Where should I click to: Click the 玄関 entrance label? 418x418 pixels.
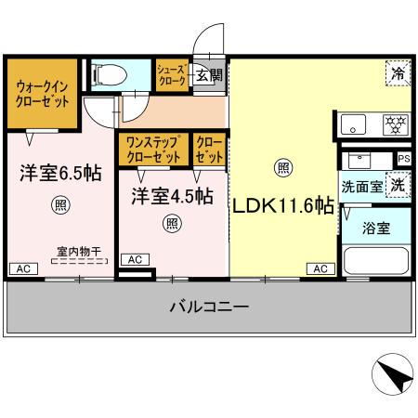point(208,76)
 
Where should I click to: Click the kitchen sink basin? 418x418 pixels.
point(352,124)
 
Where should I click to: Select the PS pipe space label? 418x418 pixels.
point(402,158)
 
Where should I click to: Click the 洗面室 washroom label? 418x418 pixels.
point(362,185)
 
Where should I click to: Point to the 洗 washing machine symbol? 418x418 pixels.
point(397,184)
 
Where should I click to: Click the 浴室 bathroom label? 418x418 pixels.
point(375,228)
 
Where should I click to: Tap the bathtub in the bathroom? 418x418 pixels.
point(375,261)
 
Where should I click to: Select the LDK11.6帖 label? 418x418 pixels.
point(283,205)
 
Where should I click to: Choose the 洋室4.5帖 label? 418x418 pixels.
point(171,196)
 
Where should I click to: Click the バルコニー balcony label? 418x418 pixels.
point(208,306)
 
